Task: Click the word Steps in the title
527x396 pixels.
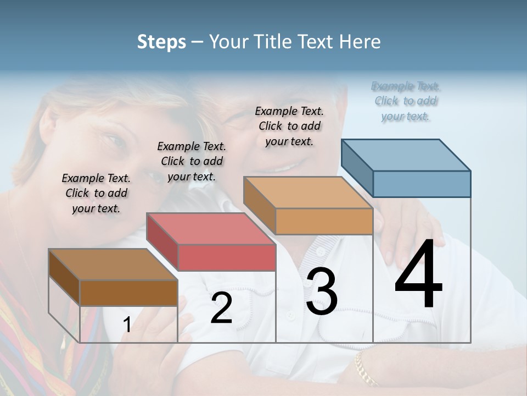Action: pos(161,42)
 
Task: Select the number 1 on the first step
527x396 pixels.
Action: pos(127,325)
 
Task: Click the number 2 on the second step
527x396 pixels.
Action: pos(221,308)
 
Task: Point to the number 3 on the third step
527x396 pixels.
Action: pos(322,291)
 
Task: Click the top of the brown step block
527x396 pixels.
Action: pos(113,265)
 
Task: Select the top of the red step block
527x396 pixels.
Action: pos(210,228)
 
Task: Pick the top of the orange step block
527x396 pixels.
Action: pos(308,193)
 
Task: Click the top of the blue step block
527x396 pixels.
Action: pos(406,155)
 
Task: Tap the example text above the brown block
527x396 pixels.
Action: pos(96,193)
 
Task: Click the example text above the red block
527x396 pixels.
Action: pos(192,161)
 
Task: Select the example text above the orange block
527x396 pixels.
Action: pos(289,126)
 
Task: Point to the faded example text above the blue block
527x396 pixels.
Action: pos(406,101)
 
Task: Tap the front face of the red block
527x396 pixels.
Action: pos(227,257)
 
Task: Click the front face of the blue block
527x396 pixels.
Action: pos(422,184)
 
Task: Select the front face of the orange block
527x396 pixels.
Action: pos(324,222)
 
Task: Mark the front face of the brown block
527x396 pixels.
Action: pos(128,293)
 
